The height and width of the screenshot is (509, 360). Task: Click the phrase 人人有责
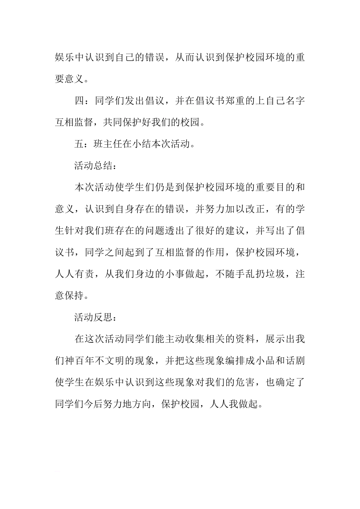[x=74, y=274]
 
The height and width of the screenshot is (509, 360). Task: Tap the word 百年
[x=84, y=361]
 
